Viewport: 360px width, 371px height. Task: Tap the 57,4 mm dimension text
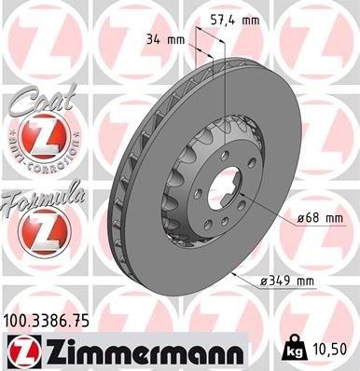tap(233, 18)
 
